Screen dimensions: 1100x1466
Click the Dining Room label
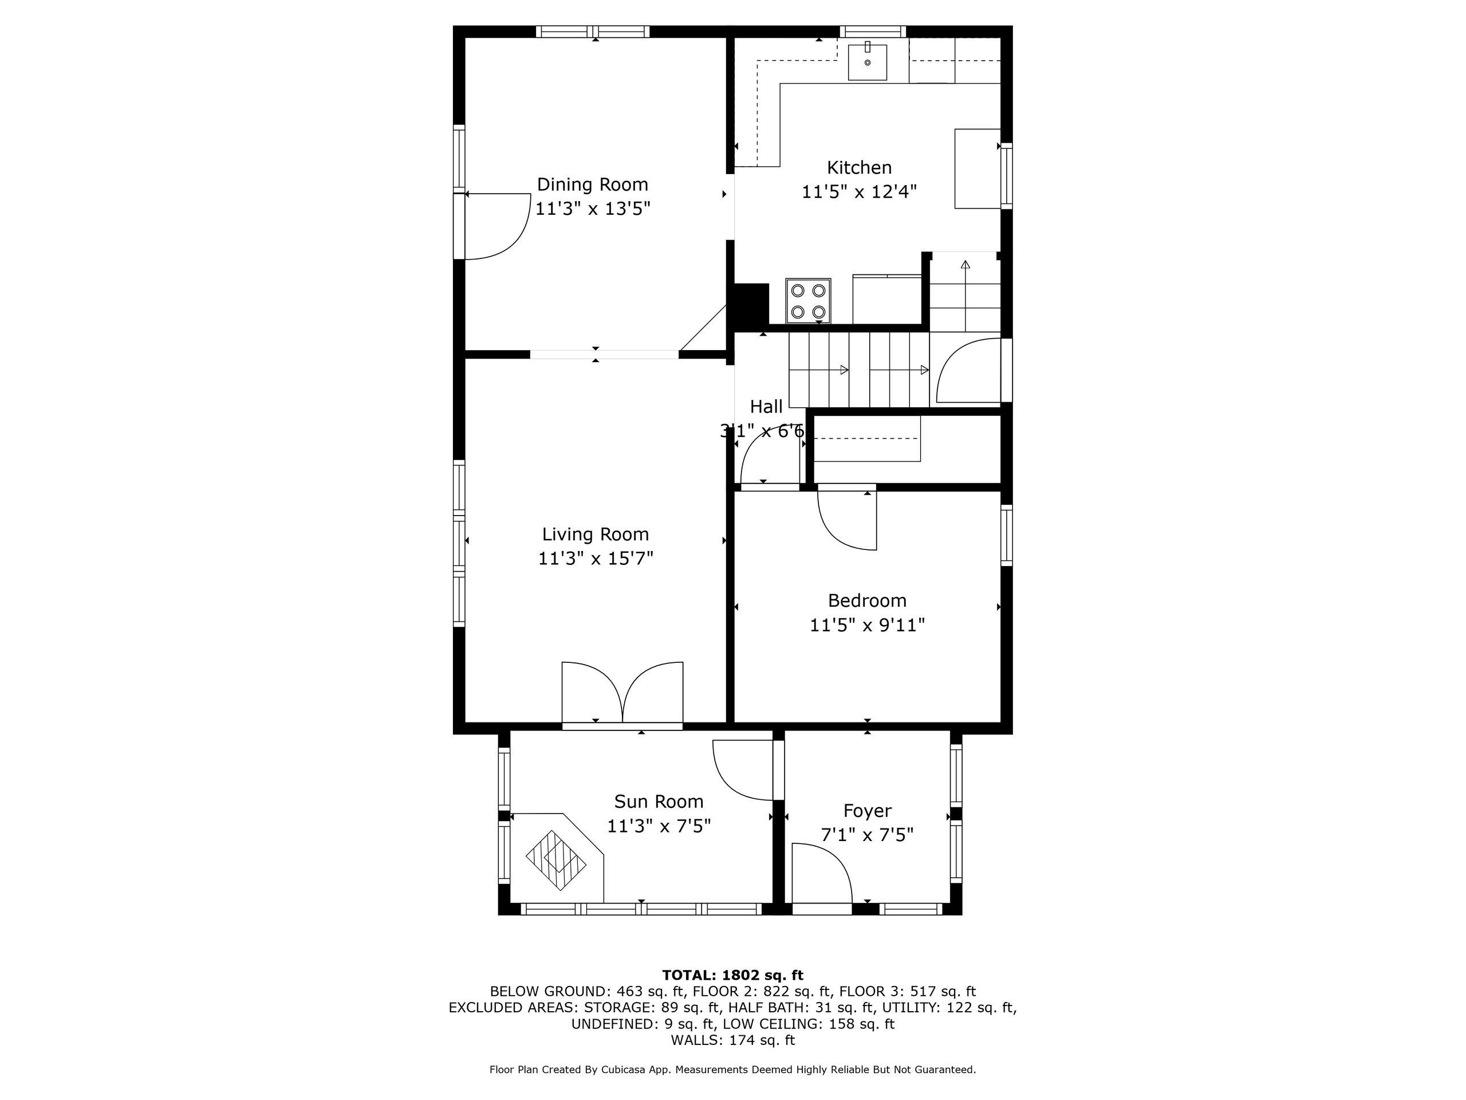pyautogui.click(x=592, y=184)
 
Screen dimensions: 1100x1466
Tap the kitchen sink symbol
pyautogui.click(x=867, y=61)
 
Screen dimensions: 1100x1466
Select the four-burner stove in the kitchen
pyautogui.click(x=809, y=300)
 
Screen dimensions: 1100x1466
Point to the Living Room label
pyautogui.click(x=595, y=535)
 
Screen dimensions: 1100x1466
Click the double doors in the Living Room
pyautogui.click(x=622, y=693)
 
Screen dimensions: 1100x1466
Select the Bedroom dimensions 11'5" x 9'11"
pyautogui.click(x=867, y=625)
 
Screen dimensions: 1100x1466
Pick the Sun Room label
pyautogui.click(x=658, y=802)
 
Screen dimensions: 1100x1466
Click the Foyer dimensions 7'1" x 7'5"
pyautogui.click(x=867, y=835)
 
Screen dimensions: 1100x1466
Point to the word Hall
pyautogui.click(x=766, y=406)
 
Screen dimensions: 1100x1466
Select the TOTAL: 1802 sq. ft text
pyautogui.click(x=732, y=975)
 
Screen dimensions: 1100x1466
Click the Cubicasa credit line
pyautogui.click(x=732, y=1070)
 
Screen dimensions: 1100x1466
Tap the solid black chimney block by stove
pyautogui.click(x=750, y=305)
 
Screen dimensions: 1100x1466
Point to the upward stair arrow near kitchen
pyautogui.click(x=965, y=265)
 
